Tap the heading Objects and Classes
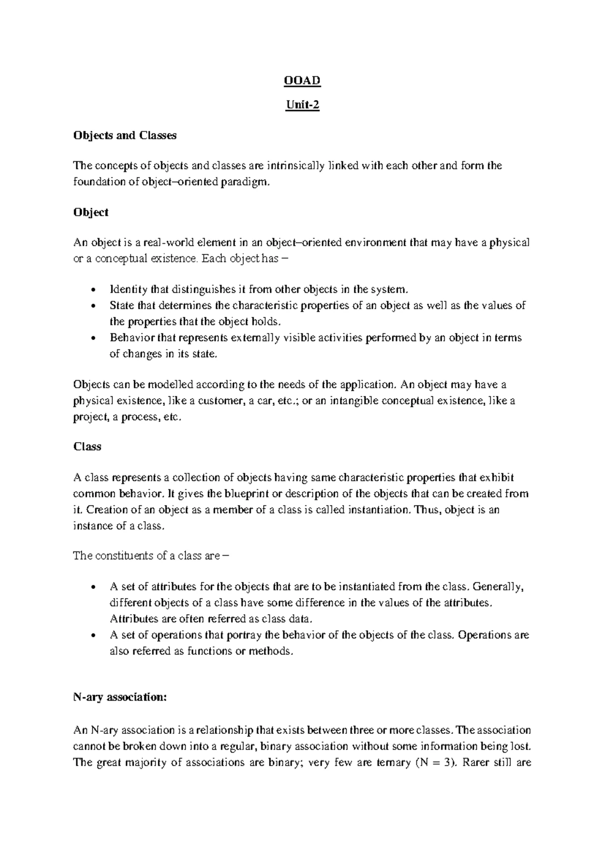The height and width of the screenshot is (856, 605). (x=125, y=135)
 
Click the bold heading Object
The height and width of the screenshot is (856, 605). (x=91, y=212)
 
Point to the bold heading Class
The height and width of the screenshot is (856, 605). (x=87, y=447)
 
